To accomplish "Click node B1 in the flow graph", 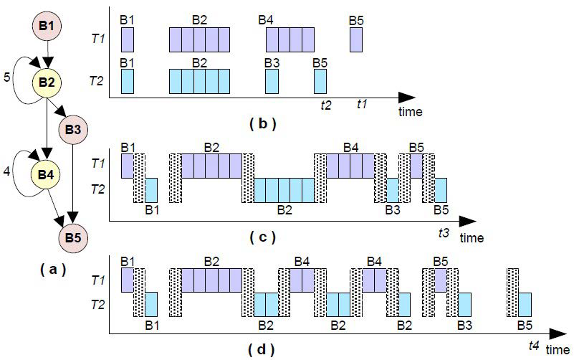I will [47, 26].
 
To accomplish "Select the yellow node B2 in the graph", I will [47, 82].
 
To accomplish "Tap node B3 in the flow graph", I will [73, 130].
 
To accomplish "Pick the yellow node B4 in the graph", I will [47, 174].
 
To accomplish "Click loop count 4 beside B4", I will [8, 172].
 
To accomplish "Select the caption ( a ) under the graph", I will [49, 270].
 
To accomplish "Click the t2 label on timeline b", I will [326, 104].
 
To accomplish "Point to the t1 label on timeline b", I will [362, 104].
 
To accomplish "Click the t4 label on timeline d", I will [533, 346].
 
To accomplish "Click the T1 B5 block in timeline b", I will [356, 40].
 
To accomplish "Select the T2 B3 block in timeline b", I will [272, 81].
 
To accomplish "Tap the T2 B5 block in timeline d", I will [525, 304].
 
